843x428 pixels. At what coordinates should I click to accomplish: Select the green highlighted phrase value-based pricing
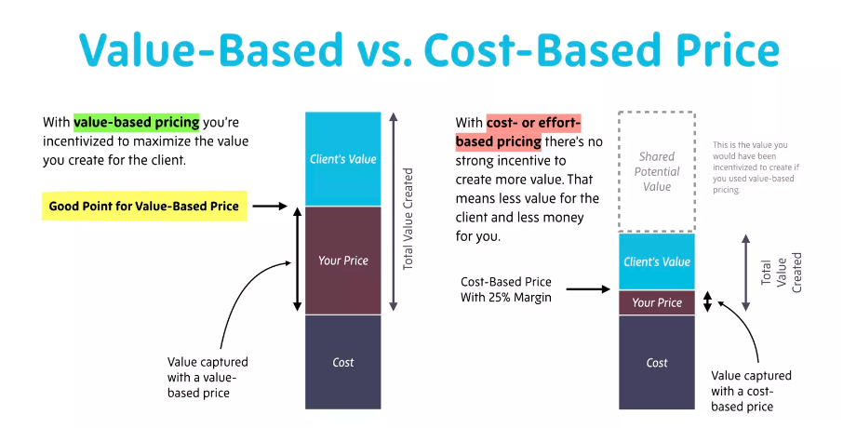[x=137, y=122]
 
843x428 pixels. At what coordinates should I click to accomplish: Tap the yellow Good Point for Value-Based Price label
[x=144, y=206]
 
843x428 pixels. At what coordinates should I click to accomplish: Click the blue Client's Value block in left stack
[x=342, y=159]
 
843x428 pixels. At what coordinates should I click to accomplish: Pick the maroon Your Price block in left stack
[x=342, y=261]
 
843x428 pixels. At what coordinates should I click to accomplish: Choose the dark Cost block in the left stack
[x=342, y=362]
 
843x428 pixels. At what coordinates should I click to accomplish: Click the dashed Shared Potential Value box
[x=656, y=172]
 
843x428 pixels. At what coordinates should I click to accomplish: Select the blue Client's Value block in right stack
[x=656, y=261]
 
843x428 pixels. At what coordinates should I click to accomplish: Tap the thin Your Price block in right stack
[x=656, y=302]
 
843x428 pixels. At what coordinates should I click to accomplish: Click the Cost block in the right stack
[x=656, y=362]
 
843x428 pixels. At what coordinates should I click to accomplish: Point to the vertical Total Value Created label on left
[x=408, y=220]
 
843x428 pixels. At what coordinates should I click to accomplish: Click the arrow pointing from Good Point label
[x=271, y=207]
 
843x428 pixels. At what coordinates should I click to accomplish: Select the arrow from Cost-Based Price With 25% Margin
[x=588, y=289]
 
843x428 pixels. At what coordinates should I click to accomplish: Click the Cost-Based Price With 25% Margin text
[x=506, y=289]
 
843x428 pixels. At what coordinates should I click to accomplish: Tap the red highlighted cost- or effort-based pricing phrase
[x=517, y=132]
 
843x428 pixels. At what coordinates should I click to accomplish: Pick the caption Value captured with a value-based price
[x=207, y=377]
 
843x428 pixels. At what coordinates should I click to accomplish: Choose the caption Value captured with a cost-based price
[x=751, y=391]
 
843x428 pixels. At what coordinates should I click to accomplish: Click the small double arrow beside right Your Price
[x=706, y=302]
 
